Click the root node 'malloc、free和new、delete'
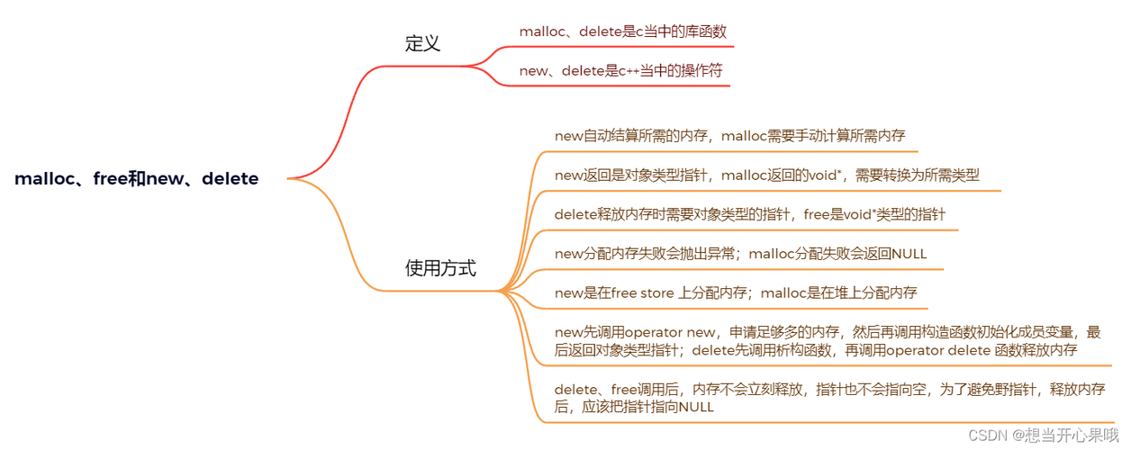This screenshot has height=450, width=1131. click(x=136, y=179)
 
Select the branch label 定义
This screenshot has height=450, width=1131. click(x=422, y=43)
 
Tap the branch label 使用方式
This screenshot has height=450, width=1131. click(x=440, y=268)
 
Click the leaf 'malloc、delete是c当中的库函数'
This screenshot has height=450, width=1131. click(x=620, y=31)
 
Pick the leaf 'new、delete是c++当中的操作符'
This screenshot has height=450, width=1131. click(x=620, y=70)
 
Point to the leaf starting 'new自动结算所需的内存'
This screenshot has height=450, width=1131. click(x=729, y=136)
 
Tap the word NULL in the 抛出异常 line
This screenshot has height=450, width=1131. click(x=909, y=254)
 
